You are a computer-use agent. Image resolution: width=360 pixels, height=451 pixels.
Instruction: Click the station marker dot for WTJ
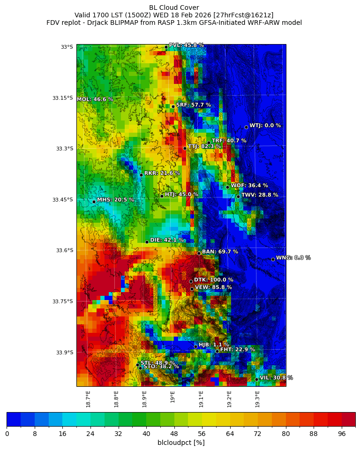click(246, 127)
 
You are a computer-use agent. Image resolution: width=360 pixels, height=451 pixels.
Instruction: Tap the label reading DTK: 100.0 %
click(213, 280)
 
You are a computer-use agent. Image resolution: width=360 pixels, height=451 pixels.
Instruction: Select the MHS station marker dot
click(94, 202)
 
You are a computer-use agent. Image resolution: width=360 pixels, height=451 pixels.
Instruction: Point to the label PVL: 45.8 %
click(186, 45)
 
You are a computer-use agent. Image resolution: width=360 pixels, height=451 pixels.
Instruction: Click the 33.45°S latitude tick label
click(62, 200)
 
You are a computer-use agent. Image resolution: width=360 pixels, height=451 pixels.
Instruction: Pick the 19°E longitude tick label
click(173, 397)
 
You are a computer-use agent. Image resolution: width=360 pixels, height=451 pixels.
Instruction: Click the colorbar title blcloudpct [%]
click(181, 443)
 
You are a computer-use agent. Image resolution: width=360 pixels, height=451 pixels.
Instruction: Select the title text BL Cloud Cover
click(174, 8)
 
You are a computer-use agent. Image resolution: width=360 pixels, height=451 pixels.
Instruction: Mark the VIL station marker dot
click(256, 379)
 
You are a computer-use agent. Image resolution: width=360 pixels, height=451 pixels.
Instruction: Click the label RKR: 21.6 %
click(162, 173)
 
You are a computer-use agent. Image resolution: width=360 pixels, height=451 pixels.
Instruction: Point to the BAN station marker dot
click(199, 253)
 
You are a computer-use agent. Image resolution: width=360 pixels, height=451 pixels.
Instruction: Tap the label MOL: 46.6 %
click(95, 99)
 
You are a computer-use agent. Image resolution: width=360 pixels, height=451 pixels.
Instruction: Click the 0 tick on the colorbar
click(7, 434)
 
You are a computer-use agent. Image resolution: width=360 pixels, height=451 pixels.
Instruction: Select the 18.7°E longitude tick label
click(88, 398)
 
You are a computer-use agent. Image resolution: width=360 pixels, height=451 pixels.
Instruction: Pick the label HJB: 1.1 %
click(214, 345)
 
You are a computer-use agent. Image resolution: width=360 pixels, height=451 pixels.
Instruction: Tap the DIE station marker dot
click(147, 242)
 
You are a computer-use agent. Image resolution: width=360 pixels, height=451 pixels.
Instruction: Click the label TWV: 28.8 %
click(259, 195)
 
